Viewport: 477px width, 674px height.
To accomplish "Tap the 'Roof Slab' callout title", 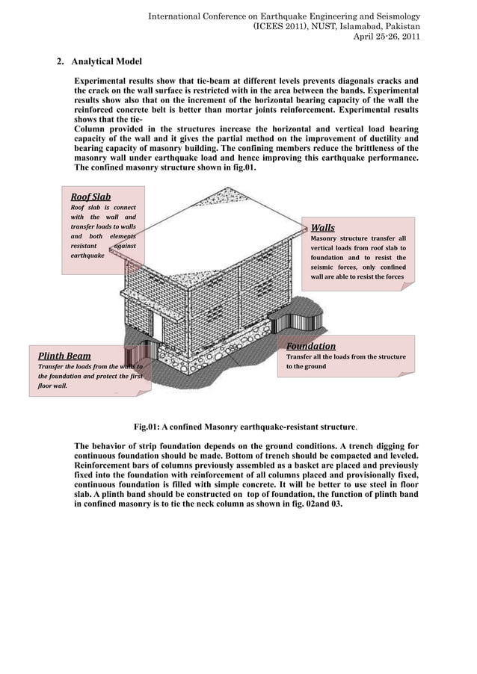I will (x=90, y=197).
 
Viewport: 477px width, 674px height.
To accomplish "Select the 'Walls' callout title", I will (x=322, y=228).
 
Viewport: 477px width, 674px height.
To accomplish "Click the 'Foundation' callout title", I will (x=311, y=346).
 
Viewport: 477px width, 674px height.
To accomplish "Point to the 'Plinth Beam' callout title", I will (x=64, y=356).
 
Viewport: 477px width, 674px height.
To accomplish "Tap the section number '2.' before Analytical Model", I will (x=61, y=61).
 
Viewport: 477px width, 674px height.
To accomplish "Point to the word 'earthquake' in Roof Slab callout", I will (x=87, y=255).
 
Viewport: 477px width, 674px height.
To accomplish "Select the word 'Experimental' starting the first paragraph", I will (x=105, y=80).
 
